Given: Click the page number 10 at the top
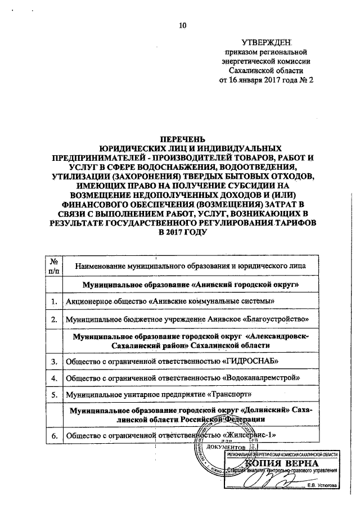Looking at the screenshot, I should click(x=182, y=24).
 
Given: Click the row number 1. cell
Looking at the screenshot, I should click(x=55, y=302).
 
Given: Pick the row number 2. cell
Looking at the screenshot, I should click(x=55, y=320).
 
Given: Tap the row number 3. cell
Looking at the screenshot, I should click(x=55, y=361).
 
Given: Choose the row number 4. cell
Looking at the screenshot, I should click(x=55, y=377).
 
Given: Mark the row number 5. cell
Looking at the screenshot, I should click(x=55, y=395).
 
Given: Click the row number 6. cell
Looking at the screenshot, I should click(x=55, y=436).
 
